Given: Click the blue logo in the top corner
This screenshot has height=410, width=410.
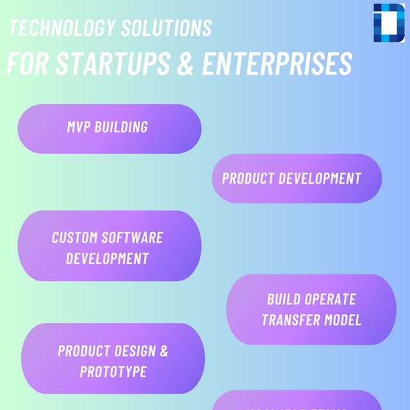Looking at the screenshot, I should pyautogui.click(x=389, y=22).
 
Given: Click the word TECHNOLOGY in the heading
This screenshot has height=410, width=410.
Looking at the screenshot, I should pyautogui.click(x=53, y=28).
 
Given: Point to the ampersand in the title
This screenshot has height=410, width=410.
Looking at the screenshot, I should pyautogui.click(x=186, y=63).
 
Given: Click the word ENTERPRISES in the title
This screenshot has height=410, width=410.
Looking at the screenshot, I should pyautogui.click(x=277, y=63).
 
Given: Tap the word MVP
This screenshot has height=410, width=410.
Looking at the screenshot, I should pyautogui.click(x=79, y=127).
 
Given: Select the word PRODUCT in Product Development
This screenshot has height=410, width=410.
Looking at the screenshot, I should pyautogui.click(x=248, y=178).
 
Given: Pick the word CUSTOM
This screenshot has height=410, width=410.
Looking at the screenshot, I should pyautogui.click(x=75, y=238).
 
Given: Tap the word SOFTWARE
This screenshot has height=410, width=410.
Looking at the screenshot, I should pyautogui.click(x=133, y=238).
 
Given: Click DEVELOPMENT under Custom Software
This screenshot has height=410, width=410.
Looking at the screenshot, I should pyautogui.click(x=108, y=259).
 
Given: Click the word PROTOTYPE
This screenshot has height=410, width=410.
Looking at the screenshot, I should pyautogui.click(x=113, y=372).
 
